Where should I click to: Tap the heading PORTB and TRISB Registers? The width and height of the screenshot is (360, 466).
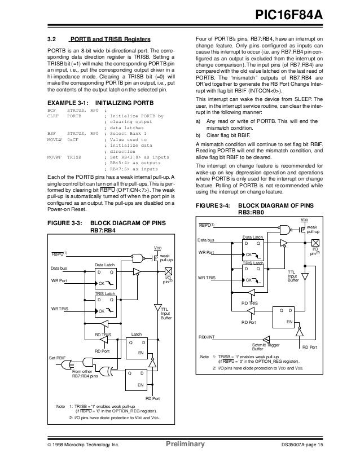coord(109,39)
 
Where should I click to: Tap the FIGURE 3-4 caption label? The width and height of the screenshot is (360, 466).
coord(215,206)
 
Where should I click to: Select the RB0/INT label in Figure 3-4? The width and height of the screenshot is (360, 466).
coord(207,337)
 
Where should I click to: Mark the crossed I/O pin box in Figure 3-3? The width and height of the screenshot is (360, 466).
coord(168,271)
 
